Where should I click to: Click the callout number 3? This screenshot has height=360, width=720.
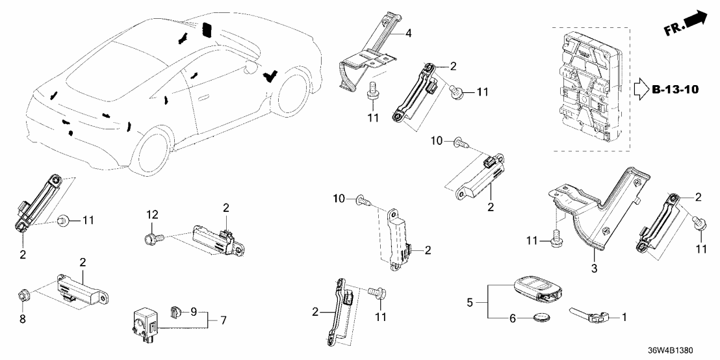[x=593, y=268]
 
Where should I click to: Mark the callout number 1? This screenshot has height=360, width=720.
[x=624, y=318]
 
